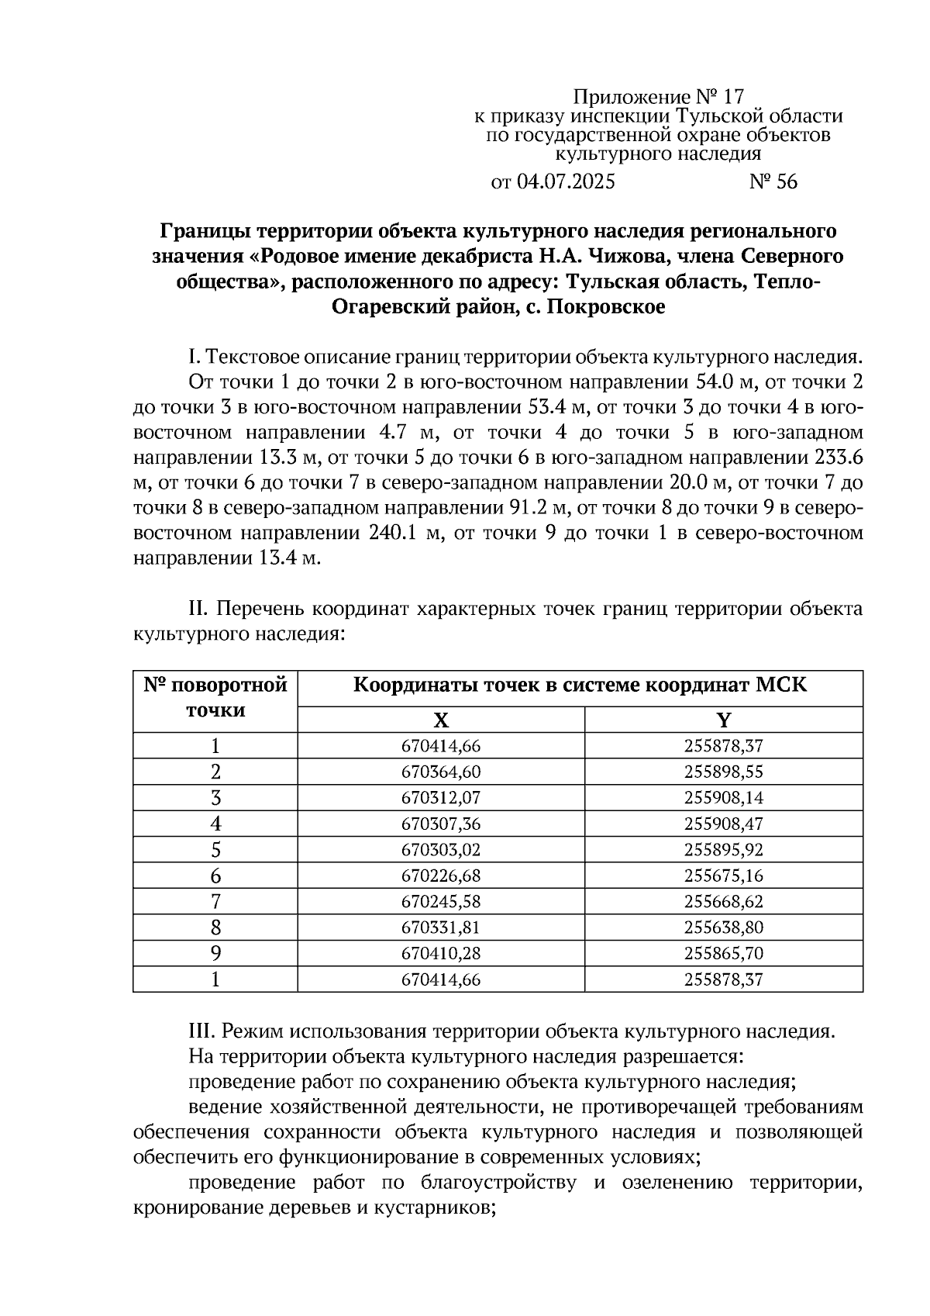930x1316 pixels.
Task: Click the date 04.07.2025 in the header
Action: tap(565, 182)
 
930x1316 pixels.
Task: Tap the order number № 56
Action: tap(773, 182)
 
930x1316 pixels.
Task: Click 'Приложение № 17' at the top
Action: tap(658, 98)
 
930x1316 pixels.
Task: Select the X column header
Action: tap(440, 720)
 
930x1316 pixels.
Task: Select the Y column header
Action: tap(723, 720)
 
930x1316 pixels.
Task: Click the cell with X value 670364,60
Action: tap(440, 772)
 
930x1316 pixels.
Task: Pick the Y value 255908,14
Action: tap(723, 798)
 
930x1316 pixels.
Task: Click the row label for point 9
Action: tap(215, 954)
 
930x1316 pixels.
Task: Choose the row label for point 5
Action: tap(215, 850)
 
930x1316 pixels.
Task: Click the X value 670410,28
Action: tap(440, 954)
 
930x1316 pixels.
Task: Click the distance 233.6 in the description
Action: tap(839, 458)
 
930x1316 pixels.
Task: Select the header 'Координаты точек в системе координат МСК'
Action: tap(580, 686)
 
